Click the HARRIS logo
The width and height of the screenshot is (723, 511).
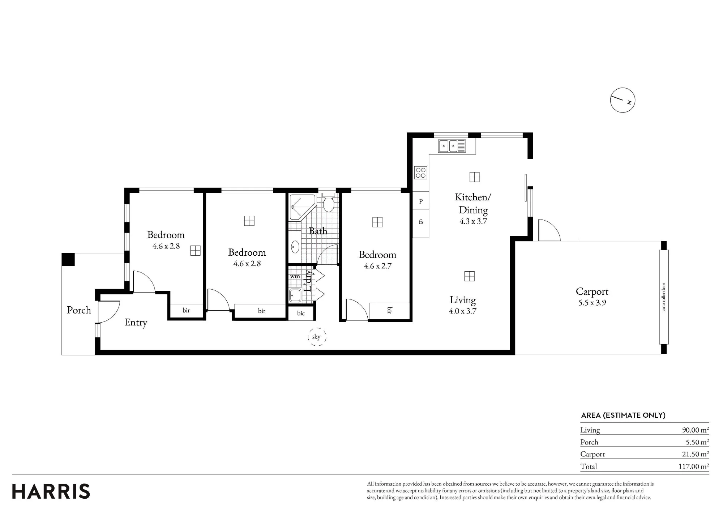pos(51,491)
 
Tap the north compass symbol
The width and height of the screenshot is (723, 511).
pos(623,100)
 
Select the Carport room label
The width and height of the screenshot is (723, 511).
pos(592,291)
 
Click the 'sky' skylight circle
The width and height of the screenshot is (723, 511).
pos(317,337)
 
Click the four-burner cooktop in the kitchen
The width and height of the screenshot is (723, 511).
pos(420,173)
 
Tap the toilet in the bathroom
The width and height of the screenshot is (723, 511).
pos(328,204)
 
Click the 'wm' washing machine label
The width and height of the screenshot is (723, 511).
pos(295,276)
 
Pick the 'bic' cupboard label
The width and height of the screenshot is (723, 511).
pos(301,313)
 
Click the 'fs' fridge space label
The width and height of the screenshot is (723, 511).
pos(421,222)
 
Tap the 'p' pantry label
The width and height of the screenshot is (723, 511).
pos(421,201)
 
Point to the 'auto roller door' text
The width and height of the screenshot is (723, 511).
pos(663,297)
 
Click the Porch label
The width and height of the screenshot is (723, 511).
pos(79,310)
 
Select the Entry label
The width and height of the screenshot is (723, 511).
pos(136,323)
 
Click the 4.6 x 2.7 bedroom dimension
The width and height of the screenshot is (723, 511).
pos(377,266)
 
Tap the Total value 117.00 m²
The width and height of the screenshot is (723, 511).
pos(693,467)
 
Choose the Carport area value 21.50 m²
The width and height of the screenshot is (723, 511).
pos(696,454)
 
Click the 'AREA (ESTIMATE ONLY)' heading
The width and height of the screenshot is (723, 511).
pos(623,415)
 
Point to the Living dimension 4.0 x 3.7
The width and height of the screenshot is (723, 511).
pos(463,311)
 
